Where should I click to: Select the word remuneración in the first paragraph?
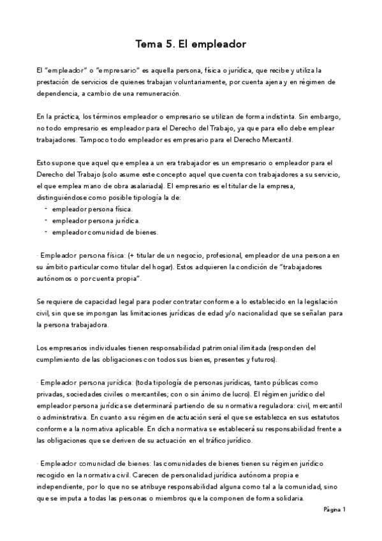tap(158, 94)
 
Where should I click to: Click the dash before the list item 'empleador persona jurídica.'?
tap(47, 220)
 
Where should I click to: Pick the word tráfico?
tap(212, 440)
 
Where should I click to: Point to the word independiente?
tap(62, 487)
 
